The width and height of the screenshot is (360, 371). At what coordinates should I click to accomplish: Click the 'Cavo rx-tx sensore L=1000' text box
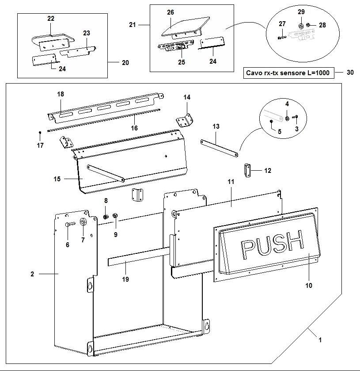coord(289,73)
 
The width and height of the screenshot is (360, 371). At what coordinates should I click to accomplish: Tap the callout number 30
coord(350,73)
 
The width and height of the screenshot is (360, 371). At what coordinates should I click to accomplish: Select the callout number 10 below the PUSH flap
coord(308,286)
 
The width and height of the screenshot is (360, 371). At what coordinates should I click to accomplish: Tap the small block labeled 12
coord(247,169)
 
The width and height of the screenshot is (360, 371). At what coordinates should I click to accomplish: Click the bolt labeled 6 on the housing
coord(68,225)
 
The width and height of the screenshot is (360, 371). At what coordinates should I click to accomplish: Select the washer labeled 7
coord(83,222)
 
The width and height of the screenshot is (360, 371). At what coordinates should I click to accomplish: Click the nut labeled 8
coord(106,216)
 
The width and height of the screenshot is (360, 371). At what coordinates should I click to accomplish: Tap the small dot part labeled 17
coord(40,131)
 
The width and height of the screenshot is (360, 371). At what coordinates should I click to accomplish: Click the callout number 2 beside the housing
coord(32,274)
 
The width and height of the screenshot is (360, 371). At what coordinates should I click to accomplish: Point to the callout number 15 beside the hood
coord(57,179)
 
